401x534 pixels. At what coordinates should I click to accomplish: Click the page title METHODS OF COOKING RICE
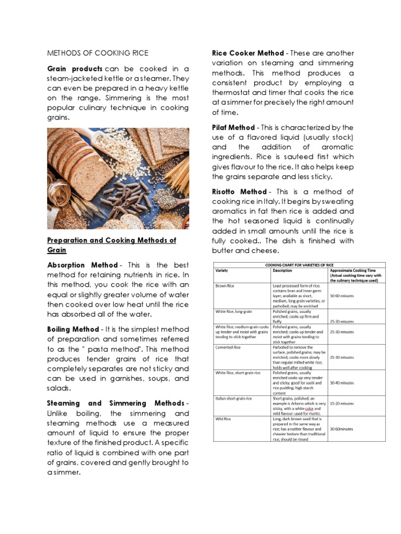pos(98,53)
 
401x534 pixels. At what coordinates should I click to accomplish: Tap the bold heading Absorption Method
pos(82,265)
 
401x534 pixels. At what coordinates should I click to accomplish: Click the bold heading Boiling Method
pos(73,329)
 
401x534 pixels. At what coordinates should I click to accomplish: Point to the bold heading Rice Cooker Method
pos(247,53)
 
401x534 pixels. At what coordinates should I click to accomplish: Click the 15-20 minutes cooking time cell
pos(342,403)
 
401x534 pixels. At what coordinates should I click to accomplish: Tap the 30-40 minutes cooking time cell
pos(342,382)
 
